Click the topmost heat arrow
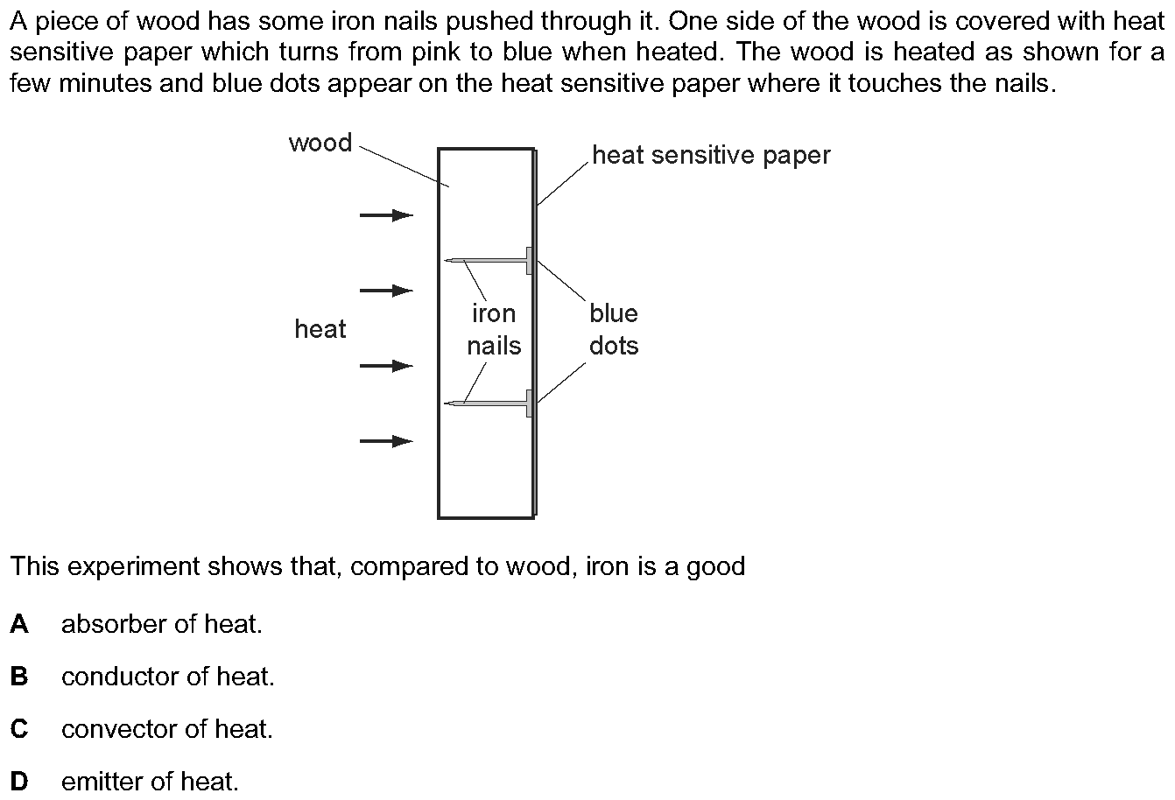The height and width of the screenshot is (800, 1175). pos(386,215)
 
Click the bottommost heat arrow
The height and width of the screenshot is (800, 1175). pos(386,441)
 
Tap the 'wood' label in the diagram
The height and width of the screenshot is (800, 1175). pos(320,143)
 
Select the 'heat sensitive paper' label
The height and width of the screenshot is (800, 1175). pos(711,156)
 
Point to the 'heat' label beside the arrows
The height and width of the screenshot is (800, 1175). pos(320,329)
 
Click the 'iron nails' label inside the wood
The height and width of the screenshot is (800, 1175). pos(494,330)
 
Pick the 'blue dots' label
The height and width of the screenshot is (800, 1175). pos(614,330)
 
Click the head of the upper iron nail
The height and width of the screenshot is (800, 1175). pos(529,261)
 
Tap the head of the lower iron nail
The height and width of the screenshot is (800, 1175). pos(529,404)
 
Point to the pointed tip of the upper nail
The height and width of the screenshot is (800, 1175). pos(445,260)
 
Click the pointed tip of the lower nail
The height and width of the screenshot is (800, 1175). pos(445,404)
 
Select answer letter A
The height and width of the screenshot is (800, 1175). pos(19,624)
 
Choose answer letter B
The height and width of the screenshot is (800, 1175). pos(19,677)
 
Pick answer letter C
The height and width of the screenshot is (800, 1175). pos(19,729)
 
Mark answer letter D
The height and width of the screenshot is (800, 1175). pos(19,781)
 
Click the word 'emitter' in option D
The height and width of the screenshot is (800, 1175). pos(101,782)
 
